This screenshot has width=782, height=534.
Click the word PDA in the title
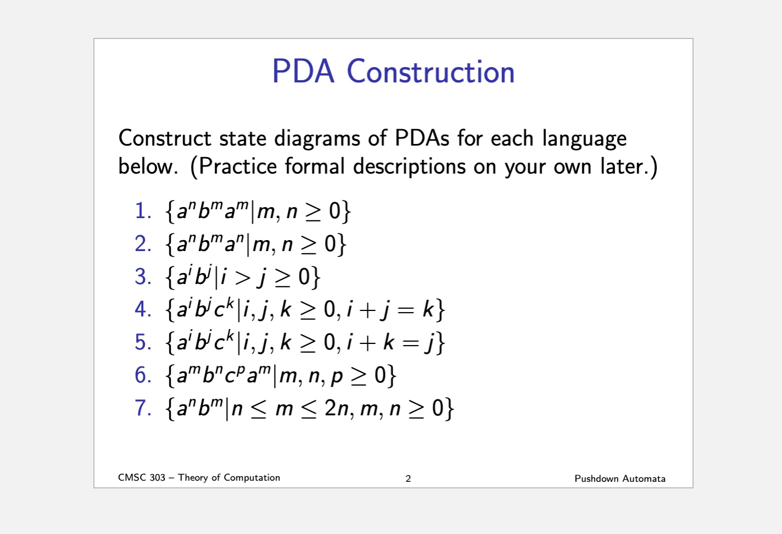[x=303, y=72]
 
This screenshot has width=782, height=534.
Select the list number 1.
[x=143, y=211]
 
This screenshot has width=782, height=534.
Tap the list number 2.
[x=143, y=244]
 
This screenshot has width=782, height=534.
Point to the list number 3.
[x=143, y=277]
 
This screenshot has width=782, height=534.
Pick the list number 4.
[x=143, y=309]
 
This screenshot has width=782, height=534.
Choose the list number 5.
[x=143, y=342]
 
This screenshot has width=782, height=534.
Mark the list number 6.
[x=143, y=375]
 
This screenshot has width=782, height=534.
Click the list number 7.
[x=143, y=408]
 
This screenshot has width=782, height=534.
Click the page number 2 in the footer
[x=408, y=479]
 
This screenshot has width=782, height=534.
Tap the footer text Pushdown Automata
[x=619, y=479]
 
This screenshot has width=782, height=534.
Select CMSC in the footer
[x=132, y=478]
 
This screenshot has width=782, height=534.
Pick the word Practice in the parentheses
[x=237, y=166]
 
